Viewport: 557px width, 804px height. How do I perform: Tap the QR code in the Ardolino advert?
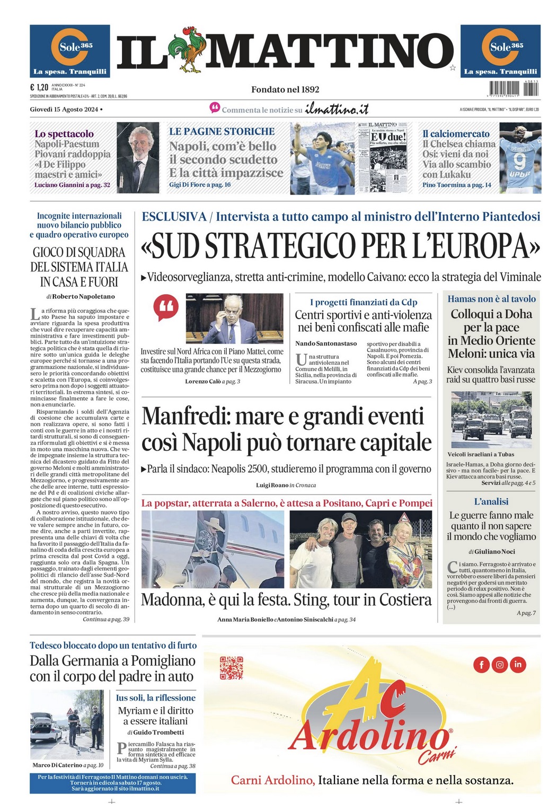coord(231,668)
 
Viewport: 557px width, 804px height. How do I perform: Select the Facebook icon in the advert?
coord(481,664)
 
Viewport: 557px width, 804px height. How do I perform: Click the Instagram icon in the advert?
coord(499,664)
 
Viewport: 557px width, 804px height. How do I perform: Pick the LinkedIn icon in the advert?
coord(518,664)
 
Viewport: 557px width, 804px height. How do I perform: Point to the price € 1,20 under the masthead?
coord(39,87)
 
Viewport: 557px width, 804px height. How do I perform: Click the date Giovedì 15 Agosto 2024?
coord(64,109)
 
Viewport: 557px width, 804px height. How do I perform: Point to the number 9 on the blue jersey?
coord(520,160)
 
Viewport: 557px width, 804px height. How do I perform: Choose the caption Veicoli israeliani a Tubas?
coord(481,454)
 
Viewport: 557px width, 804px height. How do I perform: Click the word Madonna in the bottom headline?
coord(172,600)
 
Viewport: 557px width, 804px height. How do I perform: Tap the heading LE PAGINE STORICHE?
coord(222,131)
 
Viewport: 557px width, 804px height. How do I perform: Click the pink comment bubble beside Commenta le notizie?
coord(215,108)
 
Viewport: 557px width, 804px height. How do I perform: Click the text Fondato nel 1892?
coord(285,90)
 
